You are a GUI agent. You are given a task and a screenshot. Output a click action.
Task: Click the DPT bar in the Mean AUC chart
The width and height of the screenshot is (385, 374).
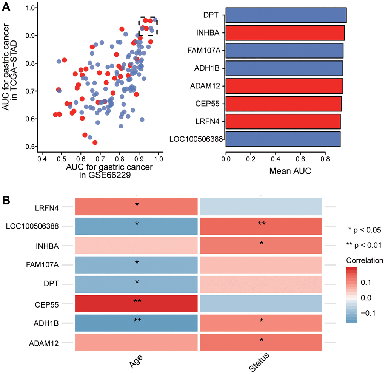coord(286,15)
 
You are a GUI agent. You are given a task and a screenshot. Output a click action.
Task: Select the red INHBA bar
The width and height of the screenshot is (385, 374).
coord(285,33)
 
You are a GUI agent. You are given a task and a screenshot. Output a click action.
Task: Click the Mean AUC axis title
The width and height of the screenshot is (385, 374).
coord(290,171)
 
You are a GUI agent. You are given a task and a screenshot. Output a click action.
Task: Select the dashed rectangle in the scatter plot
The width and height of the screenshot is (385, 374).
coord(148,26)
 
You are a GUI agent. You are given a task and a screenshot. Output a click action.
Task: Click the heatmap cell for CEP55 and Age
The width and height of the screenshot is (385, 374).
coord(137,304)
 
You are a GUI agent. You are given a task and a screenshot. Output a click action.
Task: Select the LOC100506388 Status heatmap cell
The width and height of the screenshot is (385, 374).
coord(261,226)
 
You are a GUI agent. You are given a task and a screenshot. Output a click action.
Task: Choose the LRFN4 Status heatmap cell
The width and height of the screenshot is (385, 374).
coord(261,206)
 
